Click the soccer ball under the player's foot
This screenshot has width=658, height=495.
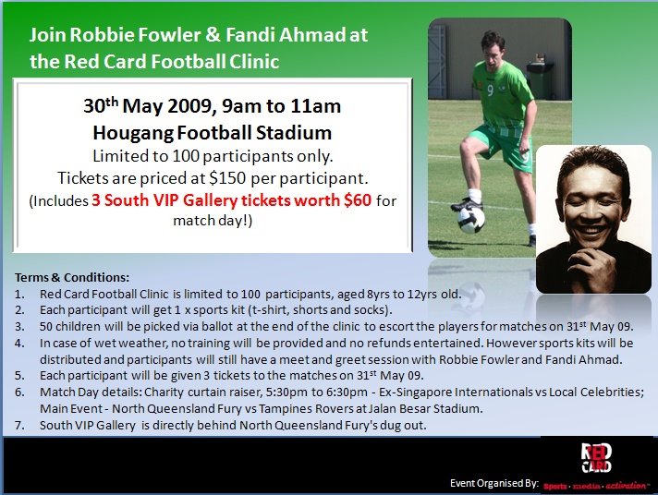pyautogui.click(x=470, y=220)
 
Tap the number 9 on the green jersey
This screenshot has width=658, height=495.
pyautogui.click(x=490, y=91)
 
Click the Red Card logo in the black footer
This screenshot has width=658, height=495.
pyautogui.click(x=596, y=458)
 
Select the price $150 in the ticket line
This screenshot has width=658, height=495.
pyautogui.click(x=227, y=178)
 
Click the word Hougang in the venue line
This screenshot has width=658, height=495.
pyautogui.click(x=132, y=133)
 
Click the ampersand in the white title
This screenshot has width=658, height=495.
pyautogui.click(x=213, y=34)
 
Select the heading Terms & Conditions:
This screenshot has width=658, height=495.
pyautogui.click(x=72, y=277)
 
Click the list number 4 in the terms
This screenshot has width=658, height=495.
pyautogui.click(x=19, y=344)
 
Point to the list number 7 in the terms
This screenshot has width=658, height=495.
pyautogui.click(x=19, y=426)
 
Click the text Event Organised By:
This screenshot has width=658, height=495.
pyautogui.click(x=493, y=483)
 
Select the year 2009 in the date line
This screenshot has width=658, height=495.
pyautogui.click(x=192, y=105)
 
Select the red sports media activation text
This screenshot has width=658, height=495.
pyautogui.click(x=595, y=486)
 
